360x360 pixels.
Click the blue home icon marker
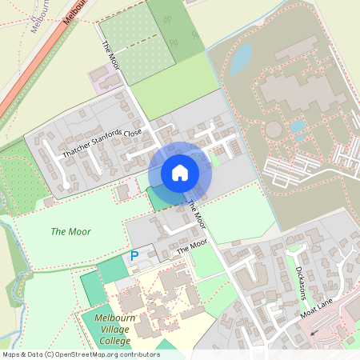coord(180,173)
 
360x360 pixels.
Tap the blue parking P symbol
coord(134,256)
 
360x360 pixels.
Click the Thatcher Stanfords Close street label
coord(102,143)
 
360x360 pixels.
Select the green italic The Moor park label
coord(70,232)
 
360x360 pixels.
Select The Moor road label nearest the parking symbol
coord(191,247)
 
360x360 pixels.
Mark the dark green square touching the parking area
coord(113,270)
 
